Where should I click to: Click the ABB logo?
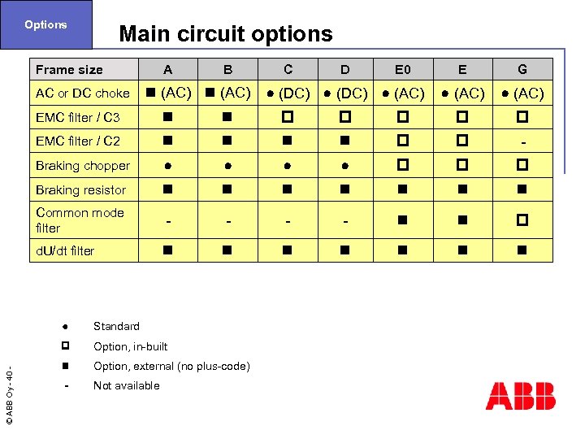pyautogui.click(x=520, y=396)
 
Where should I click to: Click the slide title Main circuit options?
pyautogui.click(x=225, y=34)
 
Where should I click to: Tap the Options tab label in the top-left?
pyautogui.click(x=45, y=24)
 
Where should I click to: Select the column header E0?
pyautogui.click(x=403, y=70)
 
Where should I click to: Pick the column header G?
pyautogui.click(x=522, y=70)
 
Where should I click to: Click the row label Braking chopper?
pyautogui.click(x=83, y=166)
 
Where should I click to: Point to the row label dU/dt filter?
pyautogui.click(x=65, y=251)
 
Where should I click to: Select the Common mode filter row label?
pyautogui.click(x=80, y=220)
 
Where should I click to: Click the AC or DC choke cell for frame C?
pyautogui.click(x=288, y=93)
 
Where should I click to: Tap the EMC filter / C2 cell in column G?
pyautogui.click(x=522, y=142)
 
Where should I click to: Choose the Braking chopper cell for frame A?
pyautogui.click(x=167, y=166)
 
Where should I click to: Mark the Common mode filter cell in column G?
pyautogui.click(x=522, y=220)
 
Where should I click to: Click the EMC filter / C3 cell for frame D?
pyautogui.click(x=345, y=117)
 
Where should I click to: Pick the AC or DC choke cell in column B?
pyautogui.click(x=227, y=93)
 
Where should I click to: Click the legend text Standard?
pyautogui.click(x=116, y=326)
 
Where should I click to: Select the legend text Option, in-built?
pyautogui.click(x=130, y=346)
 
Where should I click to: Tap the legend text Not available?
pyautogui.click(x=126, y=385)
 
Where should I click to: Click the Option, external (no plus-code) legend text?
pyautogui.click(x=171, y=366)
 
